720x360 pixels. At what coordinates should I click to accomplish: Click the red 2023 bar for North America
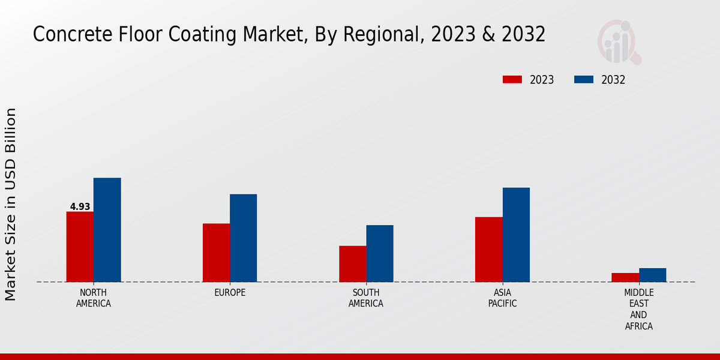tap(80, 247)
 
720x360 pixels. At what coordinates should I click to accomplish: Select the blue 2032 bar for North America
tap(107, 230)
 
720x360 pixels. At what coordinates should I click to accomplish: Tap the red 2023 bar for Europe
tap(216, 253)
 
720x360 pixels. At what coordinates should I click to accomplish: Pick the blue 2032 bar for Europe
tap(243, 238)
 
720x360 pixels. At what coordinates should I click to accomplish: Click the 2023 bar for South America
tap(352, 264)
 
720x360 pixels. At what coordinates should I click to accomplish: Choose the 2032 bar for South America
tap(380, 253)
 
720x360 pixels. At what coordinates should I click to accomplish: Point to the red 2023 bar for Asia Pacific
tap(488, 249)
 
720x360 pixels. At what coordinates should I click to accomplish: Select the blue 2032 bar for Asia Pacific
tap(516, 235)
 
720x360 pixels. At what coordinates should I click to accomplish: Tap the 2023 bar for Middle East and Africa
tap(625, 277)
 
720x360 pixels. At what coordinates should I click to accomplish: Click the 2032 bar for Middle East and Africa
tap(652, 275)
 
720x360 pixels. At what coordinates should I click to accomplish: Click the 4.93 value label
tap(80, 206)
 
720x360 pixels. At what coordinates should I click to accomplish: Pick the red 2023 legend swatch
tap(512, 80)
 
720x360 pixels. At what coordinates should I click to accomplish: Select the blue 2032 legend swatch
tap(584, 80)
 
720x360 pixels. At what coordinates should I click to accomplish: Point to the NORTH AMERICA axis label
tap(94, 298)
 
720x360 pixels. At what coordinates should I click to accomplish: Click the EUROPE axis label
tap(230, 292)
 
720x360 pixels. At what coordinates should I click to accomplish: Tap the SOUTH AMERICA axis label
tap(366, 298)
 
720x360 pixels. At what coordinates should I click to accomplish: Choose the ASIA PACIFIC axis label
tap(502, 298)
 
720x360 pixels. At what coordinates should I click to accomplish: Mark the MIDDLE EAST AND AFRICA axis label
tap(638, 309)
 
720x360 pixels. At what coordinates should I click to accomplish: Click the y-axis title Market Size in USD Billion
tap(11, 204)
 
